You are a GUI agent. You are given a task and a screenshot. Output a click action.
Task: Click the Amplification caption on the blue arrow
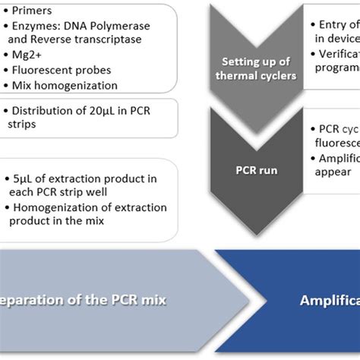click(327, 299)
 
